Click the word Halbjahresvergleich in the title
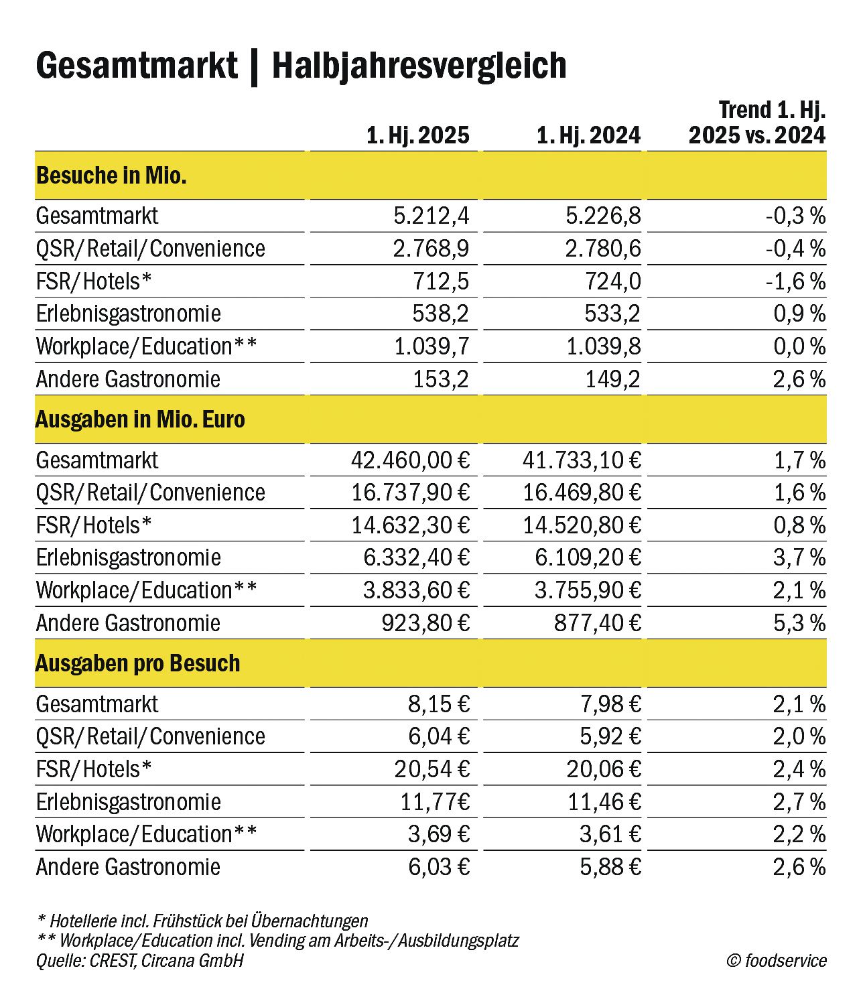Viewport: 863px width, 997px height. [419, 66]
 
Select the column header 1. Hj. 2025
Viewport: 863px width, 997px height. [417, 135]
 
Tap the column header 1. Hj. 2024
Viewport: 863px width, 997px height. [588, 135]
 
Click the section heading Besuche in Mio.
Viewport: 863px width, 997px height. [111, 176]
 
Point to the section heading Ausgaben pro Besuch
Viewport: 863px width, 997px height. [137, 663]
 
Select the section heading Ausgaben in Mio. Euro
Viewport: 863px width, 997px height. [140, 419]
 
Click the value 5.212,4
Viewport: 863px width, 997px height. [431, 216]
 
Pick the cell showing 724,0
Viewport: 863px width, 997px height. [612, 281]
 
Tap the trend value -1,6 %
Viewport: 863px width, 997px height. [795, 281]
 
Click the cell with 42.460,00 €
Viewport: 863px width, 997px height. [410, 460]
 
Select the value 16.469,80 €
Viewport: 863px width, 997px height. [582, 492]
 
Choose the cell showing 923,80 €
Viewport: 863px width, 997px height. [425, 623]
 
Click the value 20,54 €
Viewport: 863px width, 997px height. [431, 769]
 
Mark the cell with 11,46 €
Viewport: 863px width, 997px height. [604, 802]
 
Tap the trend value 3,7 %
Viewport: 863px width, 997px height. [799, 557]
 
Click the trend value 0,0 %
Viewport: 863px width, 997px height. [799, 346]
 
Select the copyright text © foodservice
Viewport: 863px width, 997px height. [777, 961]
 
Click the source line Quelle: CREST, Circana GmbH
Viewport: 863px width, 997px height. [139, 961]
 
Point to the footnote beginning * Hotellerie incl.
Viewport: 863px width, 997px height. [202, 921]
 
